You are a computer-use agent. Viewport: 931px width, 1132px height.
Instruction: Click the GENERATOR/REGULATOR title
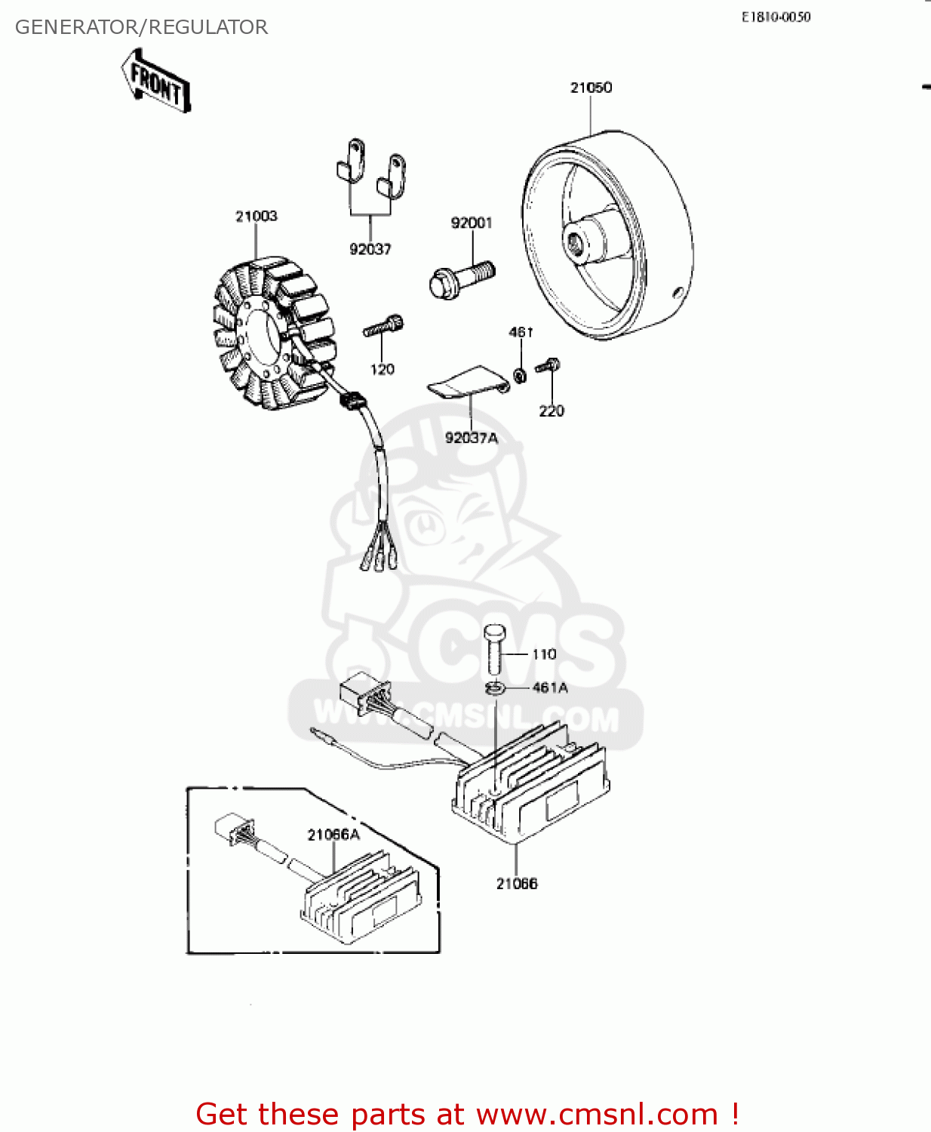(x=141, y=27)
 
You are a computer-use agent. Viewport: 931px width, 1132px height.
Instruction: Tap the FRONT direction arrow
(x=155, y=81)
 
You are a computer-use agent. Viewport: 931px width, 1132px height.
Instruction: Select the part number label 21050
(x=591, y=88)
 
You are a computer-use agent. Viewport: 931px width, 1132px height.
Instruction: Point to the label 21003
(x=257, y=217)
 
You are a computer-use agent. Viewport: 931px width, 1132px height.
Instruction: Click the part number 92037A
(x=472, y=438)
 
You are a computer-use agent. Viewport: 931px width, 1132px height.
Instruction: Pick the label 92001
(x=472, y=223)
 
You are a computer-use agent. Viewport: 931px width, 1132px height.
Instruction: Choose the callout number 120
(x=382, y=369)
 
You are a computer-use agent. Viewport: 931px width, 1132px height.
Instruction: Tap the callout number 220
(x=552, y=411)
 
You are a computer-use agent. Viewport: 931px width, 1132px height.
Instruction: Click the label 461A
(x=550, y=688)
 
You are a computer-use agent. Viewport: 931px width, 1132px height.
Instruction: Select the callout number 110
(x=544, y=654)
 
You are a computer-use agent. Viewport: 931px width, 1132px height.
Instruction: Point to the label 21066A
(x=333, y=835)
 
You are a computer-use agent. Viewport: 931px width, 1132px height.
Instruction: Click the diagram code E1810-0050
(x=776, y=17)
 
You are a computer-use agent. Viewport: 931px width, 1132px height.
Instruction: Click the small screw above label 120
(x=383, y=325)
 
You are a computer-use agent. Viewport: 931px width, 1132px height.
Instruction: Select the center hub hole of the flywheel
(x=575, y=245)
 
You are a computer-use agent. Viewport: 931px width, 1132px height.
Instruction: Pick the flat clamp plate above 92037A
(x=468, y=382)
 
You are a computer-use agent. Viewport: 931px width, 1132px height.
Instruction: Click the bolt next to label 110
(x=493, y=650)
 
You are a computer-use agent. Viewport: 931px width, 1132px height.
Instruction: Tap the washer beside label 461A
(x=494, y=688)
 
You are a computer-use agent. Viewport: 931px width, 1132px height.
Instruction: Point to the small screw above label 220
(x=548, y=366)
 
